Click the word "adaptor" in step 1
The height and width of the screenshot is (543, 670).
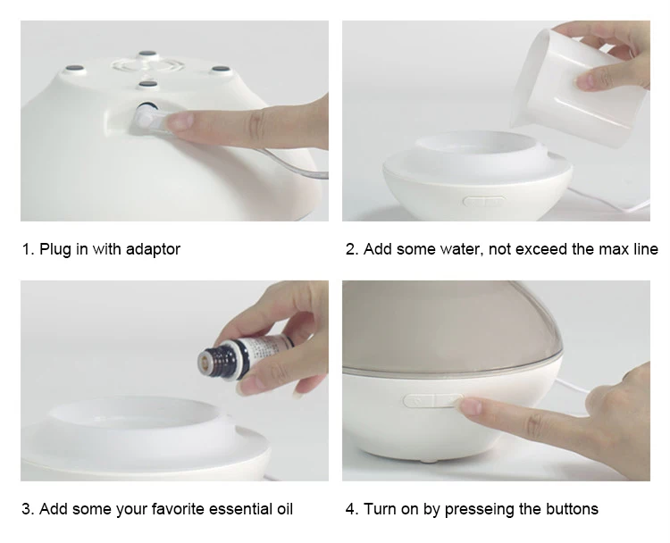(x=153, y=249)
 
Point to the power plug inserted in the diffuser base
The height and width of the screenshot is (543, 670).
(x=148, y=118)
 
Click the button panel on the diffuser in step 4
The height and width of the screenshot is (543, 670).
(x=432, y=401)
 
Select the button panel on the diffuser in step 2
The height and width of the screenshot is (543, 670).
(x=484, y=202)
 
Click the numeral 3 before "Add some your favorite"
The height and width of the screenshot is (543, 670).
(x=26, y=509)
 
